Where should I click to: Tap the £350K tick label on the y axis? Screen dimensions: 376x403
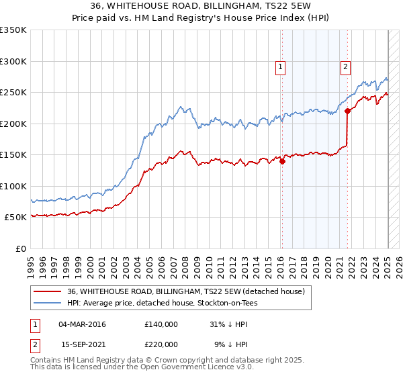point(13,30)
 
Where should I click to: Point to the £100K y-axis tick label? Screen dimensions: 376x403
point(13,186)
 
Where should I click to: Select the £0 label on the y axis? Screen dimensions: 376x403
point(20,248)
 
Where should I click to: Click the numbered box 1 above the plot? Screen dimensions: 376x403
point(279,66)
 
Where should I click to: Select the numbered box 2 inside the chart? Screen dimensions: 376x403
point(345,66)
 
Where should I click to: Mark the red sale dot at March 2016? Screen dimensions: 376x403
point(283,161)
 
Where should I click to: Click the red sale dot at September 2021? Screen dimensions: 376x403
point(347,111)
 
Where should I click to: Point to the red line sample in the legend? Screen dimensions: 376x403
point(47,291)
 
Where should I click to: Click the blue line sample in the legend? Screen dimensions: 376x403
point(47,303)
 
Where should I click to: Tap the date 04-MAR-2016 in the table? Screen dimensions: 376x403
point(82,324)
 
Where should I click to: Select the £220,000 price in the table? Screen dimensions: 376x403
point(161,344)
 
